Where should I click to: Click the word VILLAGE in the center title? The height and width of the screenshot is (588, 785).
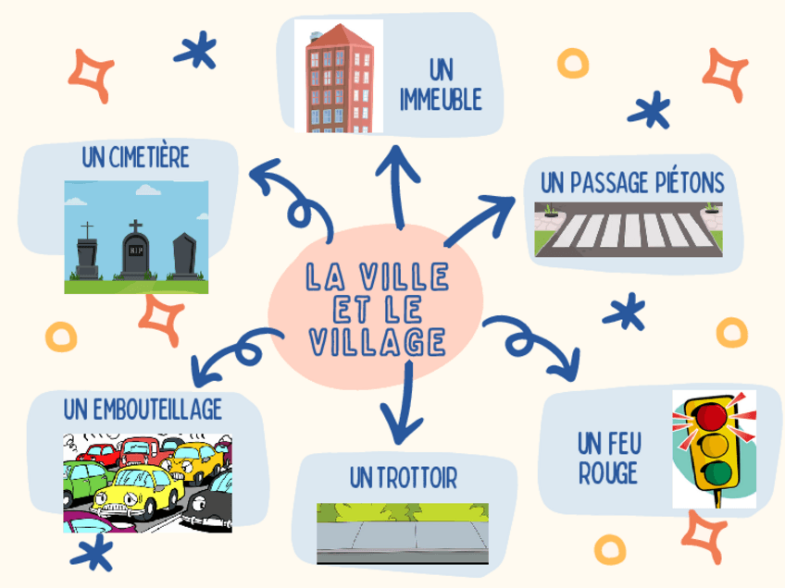click(x=375, y=342)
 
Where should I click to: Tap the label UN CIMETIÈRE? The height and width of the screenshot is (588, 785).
click(x=135, y=159)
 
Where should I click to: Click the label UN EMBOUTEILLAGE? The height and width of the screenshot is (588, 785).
click(x=143, y=409)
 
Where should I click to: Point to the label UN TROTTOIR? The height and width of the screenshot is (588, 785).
click(x=404, y=478)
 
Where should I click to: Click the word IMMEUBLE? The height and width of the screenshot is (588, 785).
click(x=442, y=100)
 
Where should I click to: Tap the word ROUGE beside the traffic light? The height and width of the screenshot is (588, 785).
click(x=609, y=474)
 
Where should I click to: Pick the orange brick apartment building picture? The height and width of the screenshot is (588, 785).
click(x=338, y=77)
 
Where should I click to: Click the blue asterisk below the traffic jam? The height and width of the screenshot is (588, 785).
click(x=91, y=557)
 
